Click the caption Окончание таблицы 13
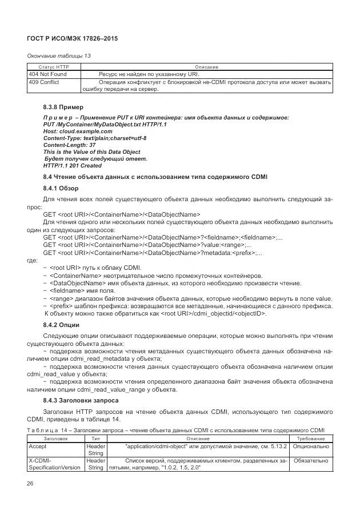pos(59,55)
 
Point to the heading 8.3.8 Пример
pos(63,107)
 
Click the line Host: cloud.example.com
pos(73,131)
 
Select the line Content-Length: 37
pos(69,145)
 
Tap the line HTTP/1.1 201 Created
pos(72,166)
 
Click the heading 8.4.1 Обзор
pos(61,188)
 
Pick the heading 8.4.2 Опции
pos(62,325)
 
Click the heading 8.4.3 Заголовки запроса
pos(81,401)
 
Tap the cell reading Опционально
pos(311,445)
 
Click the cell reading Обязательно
pos(311,460)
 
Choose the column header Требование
pos(311,439)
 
